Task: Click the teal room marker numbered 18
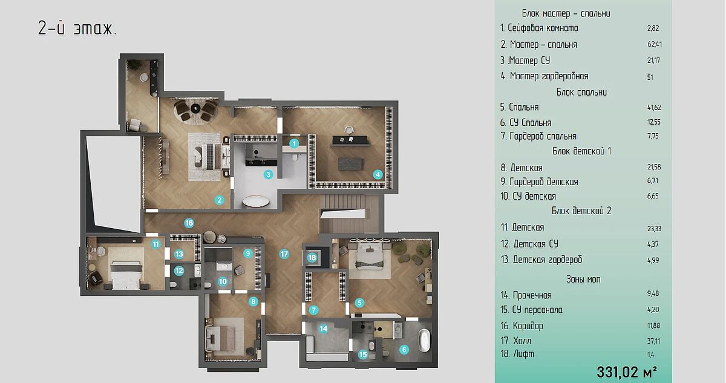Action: tap(312, 258)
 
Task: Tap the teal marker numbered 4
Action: tap(378, 175)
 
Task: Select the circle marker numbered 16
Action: tap(189, 223)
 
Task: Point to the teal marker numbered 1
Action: tap(294, 143)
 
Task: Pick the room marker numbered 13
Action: tap(179, 254)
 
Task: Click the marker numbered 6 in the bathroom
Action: tap(404, 350)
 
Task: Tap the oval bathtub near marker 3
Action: tap(256, 201)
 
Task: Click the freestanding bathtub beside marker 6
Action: tap(424, 340)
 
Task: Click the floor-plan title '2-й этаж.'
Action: tap(77, 28)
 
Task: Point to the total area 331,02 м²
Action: tap(627, 372)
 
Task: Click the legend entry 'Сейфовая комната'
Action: tap(543, 28)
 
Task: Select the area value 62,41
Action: tap(655, 44)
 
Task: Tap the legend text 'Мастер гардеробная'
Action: tap(549, 76)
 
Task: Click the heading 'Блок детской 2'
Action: tap(581, 211)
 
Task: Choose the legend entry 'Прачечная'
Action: tap(532, 295)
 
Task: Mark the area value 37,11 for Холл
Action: tap(654, 341)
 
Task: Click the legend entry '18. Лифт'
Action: tap(517, 354)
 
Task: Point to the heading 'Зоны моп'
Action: tap(583, 280)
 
